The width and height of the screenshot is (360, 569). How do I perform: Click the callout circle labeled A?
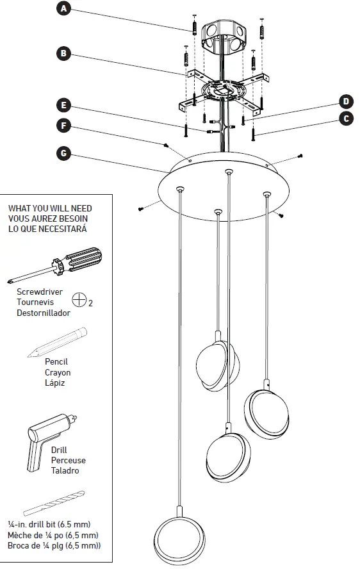click(63, 8)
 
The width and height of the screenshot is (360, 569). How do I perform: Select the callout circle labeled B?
click(63, 54)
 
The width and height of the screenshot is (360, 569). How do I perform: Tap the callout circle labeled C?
click(345, 119)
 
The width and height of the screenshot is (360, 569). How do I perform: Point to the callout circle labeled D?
click(345, 101)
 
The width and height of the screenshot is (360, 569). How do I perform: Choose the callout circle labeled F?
click(63, 126)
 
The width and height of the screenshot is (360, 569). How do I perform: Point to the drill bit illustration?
click(54, 503)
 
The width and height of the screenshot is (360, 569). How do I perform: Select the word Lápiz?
click(54, 383)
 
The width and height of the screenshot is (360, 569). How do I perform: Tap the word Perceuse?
click(68, 460)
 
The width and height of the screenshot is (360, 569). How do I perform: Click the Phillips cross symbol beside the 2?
click(79, 299)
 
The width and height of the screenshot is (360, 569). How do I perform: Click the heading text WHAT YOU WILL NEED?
click(49, 208)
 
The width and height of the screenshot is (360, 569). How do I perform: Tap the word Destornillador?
click(44, 313)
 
